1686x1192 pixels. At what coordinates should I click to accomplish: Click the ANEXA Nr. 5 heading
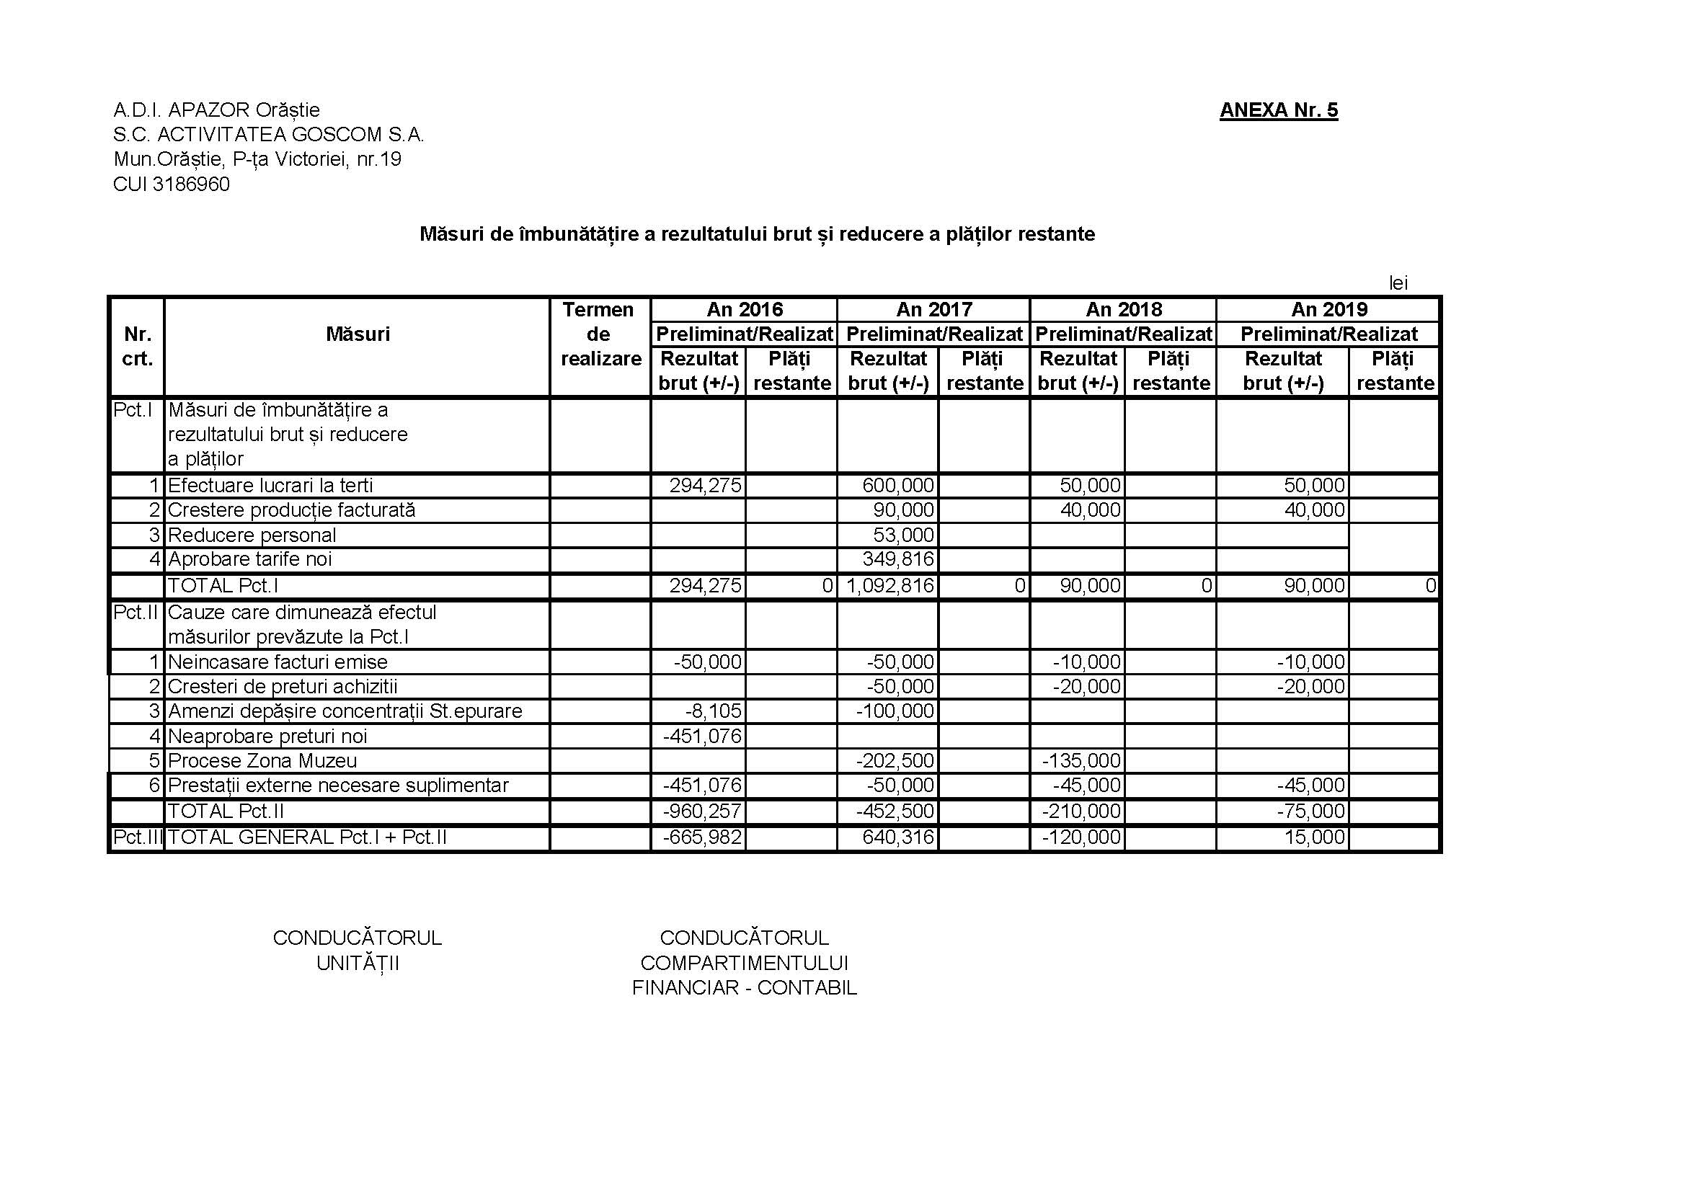[1279, 110]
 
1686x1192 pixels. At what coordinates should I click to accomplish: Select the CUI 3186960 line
[171, 184]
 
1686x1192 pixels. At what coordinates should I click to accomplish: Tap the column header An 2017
[933, 310]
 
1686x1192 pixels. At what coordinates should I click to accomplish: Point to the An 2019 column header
[1328, 310]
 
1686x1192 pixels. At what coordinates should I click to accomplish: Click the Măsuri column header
[358, 334]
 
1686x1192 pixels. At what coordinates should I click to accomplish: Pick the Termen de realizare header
[600, 334]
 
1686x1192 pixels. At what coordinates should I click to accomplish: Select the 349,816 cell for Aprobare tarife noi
[898, 559]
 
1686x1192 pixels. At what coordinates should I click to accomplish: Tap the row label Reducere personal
[252, 535]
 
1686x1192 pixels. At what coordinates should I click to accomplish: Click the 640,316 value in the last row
[898, 837]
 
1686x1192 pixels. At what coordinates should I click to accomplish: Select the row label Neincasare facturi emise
[278, 662]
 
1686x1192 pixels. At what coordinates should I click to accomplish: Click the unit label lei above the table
[1398, 283]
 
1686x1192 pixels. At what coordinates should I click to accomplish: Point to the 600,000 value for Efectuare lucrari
[898, 486]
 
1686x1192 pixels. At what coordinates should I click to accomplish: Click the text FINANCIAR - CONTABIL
[744, 988]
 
